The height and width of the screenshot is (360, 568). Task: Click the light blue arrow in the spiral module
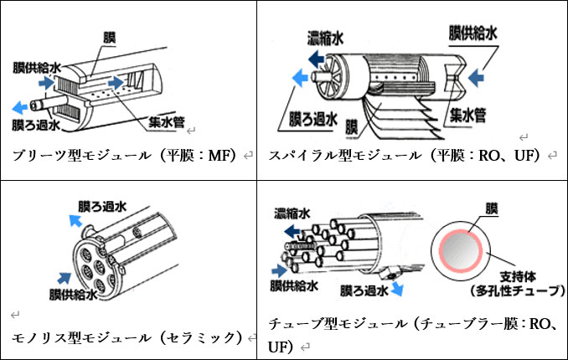click(x=298, y=79)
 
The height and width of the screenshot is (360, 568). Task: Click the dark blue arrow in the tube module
click(x=281, y=270)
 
